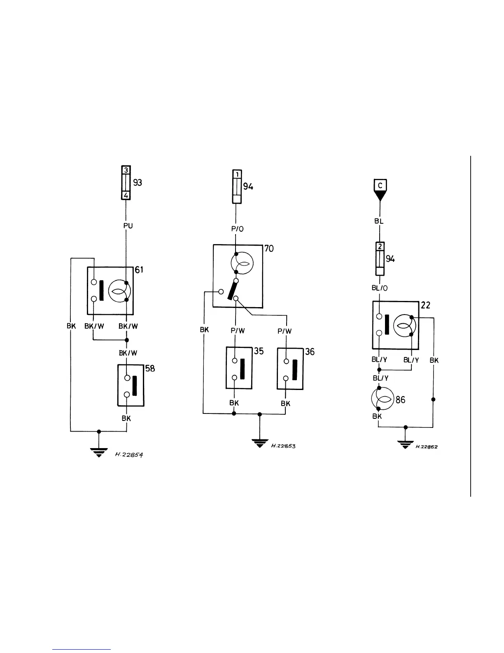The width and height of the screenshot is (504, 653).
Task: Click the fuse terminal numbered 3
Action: pyautogui.click(x=126, y=170)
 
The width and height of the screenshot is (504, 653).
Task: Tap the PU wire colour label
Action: pyautogui.click(x=128, y=225)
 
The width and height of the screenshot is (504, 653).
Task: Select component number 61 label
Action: pyautogui.click(x=139, y=270)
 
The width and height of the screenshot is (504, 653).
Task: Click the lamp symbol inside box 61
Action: pyautogui.click(x=119, y=291)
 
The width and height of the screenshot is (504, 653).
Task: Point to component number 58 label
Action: pyautogui.click(x=150, y=368)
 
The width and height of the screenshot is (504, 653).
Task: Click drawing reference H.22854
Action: pyautogui.click(x=129, y=455)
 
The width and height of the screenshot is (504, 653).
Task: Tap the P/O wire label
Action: pyautogui.click(x=237, y=229)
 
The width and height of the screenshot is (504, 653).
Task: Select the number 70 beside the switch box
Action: pyautogui.click(x=268, y=249)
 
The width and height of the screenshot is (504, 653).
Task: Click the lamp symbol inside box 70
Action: pyautogui.click(x=242, y=263)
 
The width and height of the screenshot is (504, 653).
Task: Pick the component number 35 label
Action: pyautogui.click(x=259, y=351)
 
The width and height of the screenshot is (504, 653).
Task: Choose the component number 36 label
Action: pyautogui.click(x=310, y=352)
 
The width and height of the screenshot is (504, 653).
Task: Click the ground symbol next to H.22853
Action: pyautogui.click(x=259, y=444)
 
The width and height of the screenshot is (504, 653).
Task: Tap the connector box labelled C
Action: pyautogui.click(x=380, y=186)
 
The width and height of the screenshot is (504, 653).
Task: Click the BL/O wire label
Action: pyautogui.click(x=379, y=288)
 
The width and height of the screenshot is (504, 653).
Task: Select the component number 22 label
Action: pyautogui.click(x=425, y=305)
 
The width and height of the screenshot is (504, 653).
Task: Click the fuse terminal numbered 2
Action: pyautogui.click(x=380, y=247)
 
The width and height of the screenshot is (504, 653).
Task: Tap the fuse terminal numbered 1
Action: pyautogui.click(x=237, y=174)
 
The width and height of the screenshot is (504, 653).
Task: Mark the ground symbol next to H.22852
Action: pyautogui.click(x=406, y=444)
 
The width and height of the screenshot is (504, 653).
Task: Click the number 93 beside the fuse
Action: pyautogui.click(x=138, y=182)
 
